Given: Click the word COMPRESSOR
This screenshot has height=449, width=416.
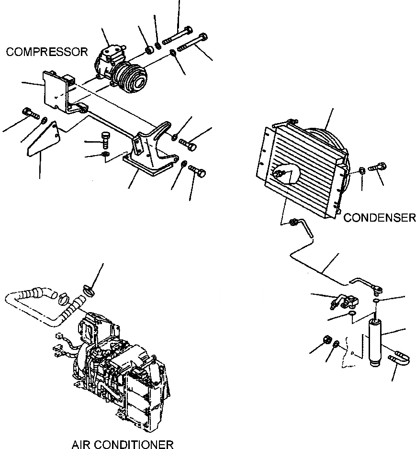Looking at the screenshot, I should tap(47, 52).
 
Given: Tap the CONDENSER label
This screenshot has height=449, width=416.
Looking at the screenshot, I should tap(380, 218).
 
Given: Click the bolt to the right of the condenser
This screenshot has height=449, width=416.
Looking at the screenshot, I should tap(379, 168).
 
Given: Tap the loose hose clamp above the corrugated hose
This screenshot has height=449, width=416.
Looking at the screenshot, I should tap(89, 289).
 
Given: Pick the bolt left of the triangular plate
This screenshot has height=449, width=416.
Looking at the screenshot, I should tap(29, 114).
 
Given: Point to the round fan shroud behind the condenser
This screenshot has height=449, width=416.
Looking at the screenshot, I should tap(330, 139).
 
